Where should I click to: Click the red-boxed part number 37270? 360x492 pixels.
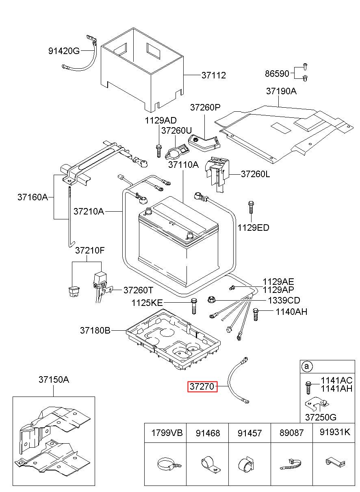(202, 386)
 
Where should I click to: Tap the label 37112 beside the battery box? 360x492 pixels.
(213, 75)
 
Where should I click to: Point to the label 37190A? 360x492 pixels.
(281, 91)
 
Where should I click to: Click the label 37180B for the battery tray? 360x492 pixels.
(95, 331)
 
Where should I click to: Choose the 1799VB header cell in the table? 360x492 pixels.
(165, 433)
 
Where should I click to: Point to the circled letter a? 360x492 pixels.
(306, 367)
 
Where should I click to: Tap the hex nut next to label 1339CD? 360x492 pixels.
(211, 300)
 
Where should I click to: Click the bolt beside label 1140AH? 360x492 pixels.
(256, 314)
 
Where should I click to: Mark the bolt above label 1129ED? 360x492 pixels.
(250, 207)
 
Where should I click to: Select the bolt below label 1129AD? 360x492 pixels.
(158, 150)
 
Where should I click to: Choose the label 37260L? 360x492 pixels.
(255, 174)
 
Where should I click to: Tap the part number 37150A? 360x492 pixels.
(54, 380)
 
